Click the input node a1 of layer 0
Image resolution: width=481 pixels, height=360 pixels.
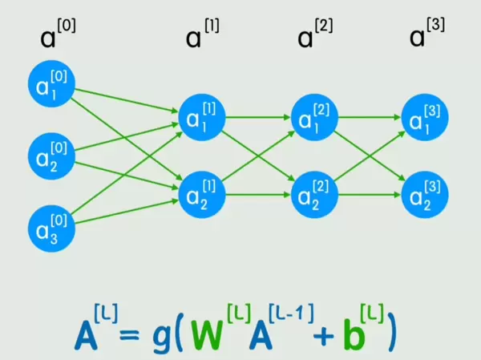(51, 83)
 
